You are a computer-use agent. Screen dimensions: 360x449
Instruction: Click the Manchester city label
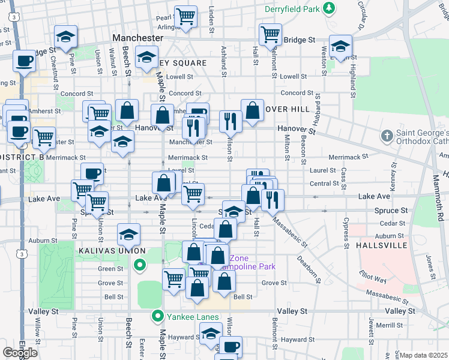tap(137, 38)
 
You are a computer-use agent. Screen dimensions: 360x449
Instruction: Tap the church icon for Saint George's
tap(387, 137)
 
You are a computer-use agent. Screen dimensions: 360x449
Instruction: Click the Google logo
tap(20, 352)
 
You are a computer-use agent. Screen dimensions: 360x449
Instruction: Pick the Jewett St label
tap(372, 330)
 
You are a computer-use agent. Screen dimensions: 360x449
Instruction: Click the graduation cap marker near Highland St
tap(340, 46)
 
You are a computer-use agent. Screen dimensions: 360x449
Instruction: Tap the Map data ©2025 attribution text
tap(424, 355)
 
